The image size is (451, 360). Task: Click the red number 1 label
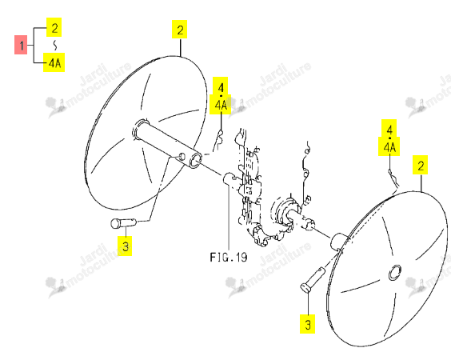pos(21,45)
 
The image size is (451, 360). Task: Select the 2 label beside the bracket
pos(54,27)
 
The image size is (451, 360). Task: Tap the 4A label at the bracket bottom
pos(54,62)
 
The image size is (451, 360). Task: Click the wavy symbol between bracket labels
pos(55,45)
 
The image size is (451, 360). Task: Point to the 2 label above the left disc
pos(180,30)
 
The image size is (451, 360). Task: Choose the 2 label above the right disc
pos(421,165)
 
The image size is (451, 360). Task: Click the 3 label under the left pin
pos(125,246)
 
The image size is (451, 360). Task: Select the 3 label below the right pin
pos(308,324)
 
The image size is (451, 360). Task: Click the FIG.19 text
pos(229,257)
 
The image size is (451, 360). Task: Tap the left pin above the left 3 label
pos(123,223)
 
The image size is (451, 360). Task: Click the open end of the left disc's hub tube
pos(195,161)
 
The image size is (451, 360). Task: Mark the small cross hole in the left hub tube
pos(182,157)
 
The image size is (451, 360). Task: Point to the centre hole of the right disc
pos(395,273)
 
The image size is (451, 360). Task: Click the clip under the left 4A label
pos(218,141)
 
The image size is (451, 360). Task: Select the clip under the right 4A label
pos(393,178)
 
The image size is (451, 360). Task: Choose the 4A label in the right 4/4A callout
pos(389,147)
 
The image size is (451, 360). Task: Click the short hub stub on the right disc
pos(339,241)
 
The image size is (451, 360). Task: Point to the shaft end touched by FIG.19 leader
pos(229,178)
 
